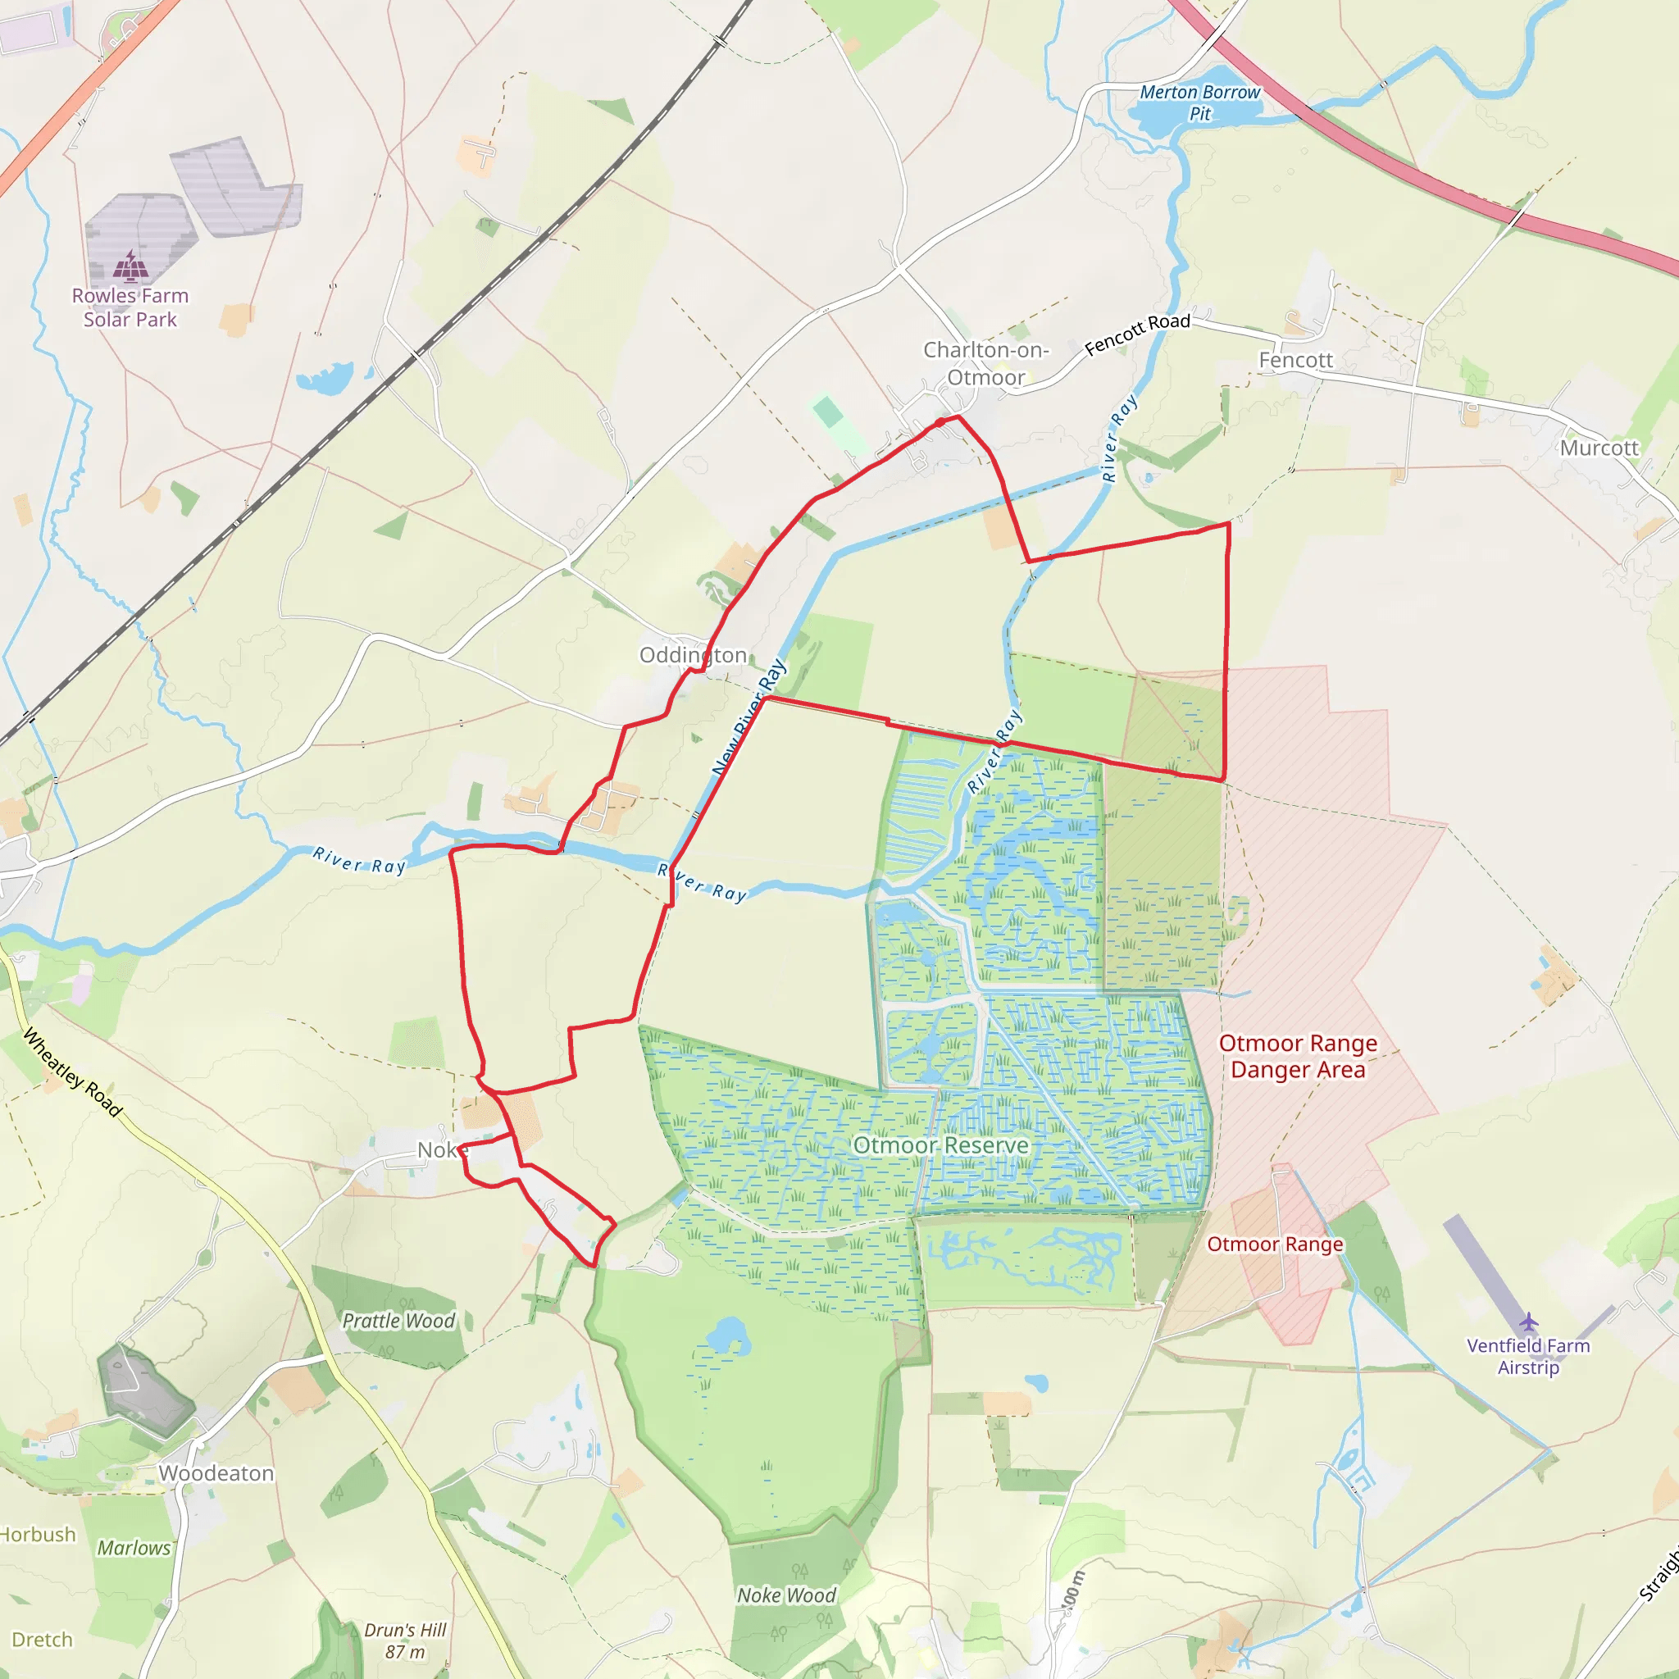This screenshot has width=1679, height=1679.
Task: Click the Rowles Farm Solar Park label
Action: pyautogui.click(x=130, y=307)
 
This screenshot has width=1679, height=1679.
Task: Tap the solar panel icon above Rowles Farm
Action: pyautogui.click(x=130, y=266)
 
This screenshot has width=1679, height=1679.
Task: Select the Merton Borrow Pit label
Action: pyautogui.click(x=1199, y=102)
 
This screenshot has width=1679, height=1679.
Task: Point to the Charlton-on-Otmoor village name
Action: pyautogui.click(x=985, y=363)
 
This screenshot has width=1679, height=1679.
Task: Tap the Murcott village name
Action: pyautogui.click(x=1599, y=448)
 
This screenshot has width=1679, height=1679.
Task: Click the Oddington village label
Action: pyautogui.click(x=693, y=655)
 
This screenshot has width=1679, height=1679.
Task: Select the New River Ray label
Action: pyautogui.click(x=748, y=717)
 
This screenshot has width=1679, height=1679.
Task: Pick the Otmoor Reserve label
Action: pyautogui.click(x=940, y=1145)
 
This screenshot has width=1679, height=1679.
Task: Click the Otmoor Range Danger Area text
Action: pyautogui.click(x=1298, y=1056)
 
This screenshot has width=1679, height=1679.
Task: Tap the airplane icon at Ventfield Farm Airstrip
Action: pyautogui.click(x=1529, y=1322)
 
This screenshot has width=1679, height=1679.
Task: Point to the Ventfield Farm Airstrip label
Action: pyautogui.click(x=1528, y=1356)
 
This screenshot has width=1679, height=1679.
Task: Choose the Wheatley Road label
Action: pyautogui.click(x=72, y=1072)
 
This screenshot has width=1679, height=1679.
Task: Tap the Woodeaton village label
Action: pyautogui.click(x=216, y=1473)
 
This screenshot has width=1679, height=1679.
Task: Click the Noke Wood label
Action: pyautogui.click(x=785, y=1595)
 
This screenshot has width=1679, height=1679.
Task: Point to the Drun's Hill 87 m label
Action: pyautogui.click(x=405, y=1640)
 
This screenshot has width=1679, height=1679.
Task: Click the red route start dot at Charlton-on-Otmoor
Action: pyautogui.click(x=940, y=422)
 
